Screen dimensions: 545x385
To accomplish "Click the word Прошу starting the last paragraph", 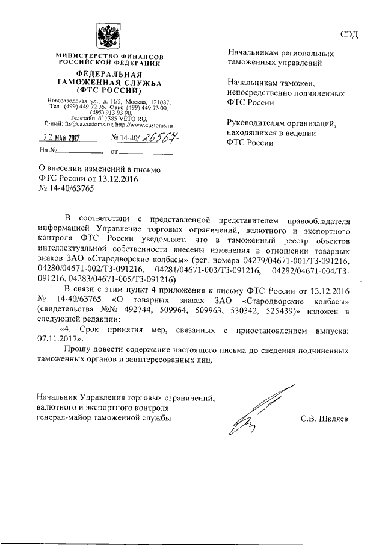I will (x=79, y=349).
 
